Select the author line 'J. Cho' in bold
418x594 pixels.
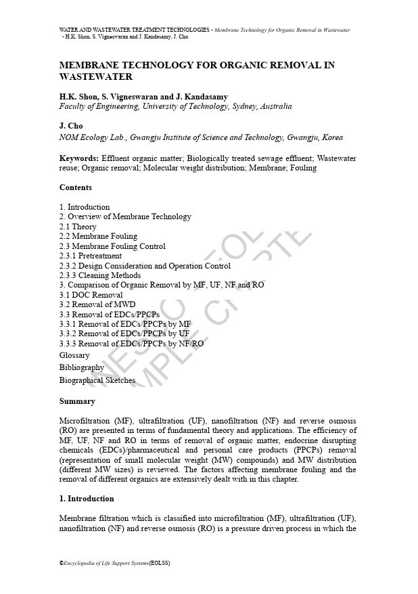[x=71, y=126]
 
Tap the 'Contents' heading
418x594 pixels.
[x=76, y=187]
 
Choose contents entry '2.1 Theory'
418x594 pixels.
[x=78, y=227]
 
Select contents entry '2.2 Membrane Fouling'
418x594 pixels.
[x=98, y=236]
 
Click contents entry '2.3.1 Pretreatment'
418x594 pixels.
[x=91, y=256]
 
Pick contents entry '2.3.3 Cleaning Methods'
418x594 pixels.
[x=100, y=275]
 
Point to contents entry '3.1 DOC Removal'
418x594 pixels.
[x=91, y=295]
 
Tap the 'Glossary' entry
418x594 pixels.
[x=74, y=355]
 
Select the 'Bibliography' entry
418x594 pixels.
[x=82, y=367]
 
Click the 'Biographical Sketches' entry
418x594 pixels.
[x=97, y=380]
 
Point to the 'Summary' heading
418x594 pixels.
[x=77, y=401]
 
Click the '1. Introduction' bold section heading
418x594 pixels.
[x=87, y=499]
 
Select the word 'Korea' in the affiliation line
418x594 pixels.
[x=332, y=137]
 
